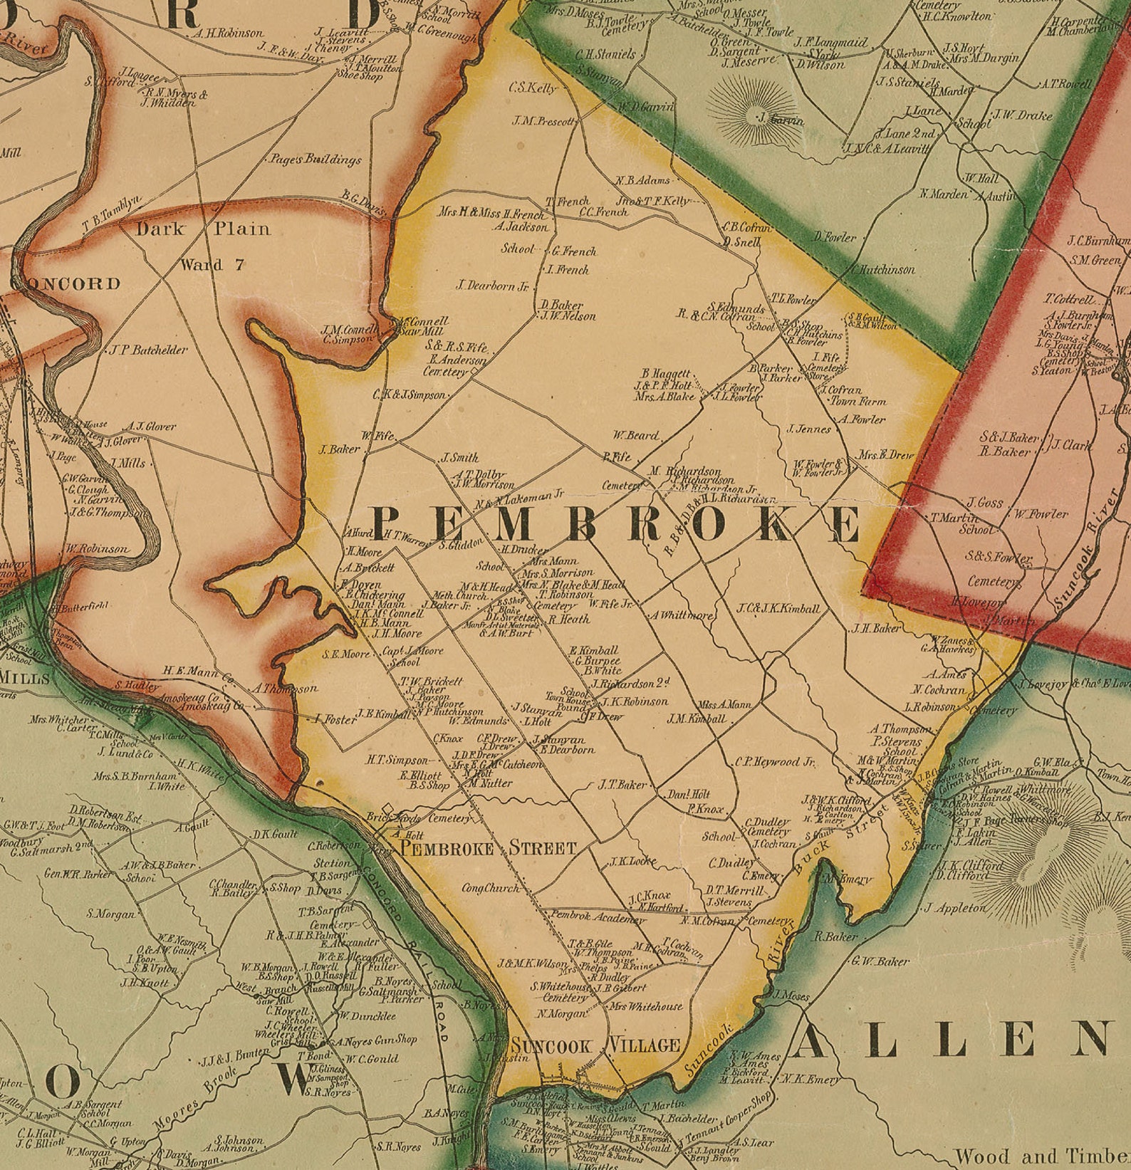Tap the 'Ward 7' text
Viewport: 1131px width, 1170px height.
point(212,265)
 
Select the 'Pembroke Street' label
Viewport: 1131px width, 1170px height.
point(488,848)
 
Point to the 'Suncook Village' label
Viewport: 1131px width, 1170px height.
point(595,1045)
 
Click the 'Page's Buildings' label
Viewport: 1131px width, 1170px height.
point(316,160)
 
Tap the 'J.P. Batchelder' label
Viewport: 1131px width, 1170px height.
point(149,350)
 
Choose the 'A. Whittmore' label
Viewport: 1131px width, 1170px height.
point(680,615)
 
